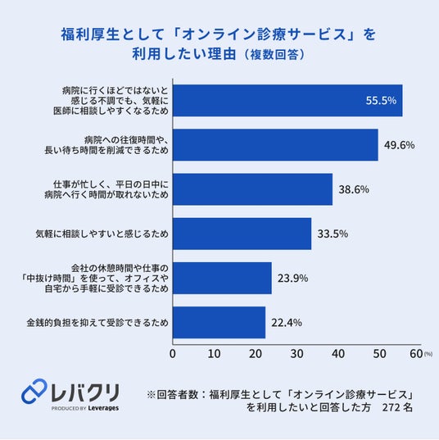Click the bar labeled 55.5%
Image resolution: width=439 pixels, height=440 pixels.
[x=287, y=101]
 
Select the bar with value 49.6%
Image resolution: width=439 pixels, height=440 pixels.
[x=275, y=145]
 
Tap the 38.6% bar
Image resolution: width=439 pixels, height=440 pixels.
[x=253, y=189]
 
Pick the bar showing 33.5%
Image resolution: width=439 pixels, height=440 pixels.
[x=242, y=234]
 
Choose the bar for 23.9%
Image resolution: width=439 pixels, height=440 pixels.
[x=222, y=278]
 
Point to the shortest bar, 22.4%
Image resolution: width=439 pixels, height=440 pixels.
[x=219, y=323]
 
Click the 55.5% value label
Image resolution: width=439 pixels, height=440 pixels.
[x=381, y=101]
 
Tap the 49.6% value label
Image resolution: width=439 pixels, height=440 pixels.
[x=400, y=145]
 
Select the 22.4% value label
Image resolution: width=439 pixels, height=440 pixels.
[x=287, y=323]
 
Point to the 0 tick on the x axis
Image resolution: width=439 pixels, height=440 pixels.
[x=173, y=354]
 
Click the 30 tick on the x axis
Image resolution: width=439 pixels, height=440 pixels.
[x=296, y=354]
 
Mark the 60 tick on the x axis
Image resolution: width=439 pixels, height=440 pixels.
[x=416, y=354]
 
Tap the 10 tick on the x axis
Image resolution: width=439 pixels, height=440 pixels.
[x=214, y=354]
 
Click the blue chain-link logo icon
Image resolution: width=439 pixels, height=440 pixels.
[x=34, y=391]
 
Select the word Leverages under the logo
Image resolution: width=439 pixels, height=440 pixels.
[x=103, y=408]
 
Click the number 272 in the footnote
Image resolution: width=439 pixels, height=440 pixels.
[x=391, y=407]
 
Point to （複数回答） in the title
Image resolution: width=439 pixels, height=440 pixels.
[x=274, y=54]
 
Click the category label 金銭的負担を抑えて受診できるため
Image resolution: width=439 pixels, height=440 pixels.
[x=97, y=323]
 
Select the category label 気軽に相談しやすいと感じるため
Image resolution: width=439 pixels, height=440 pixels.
[x=102, y=234]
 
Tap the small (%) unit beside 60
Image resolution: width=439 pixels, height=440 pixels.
[x=428, y=354]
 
